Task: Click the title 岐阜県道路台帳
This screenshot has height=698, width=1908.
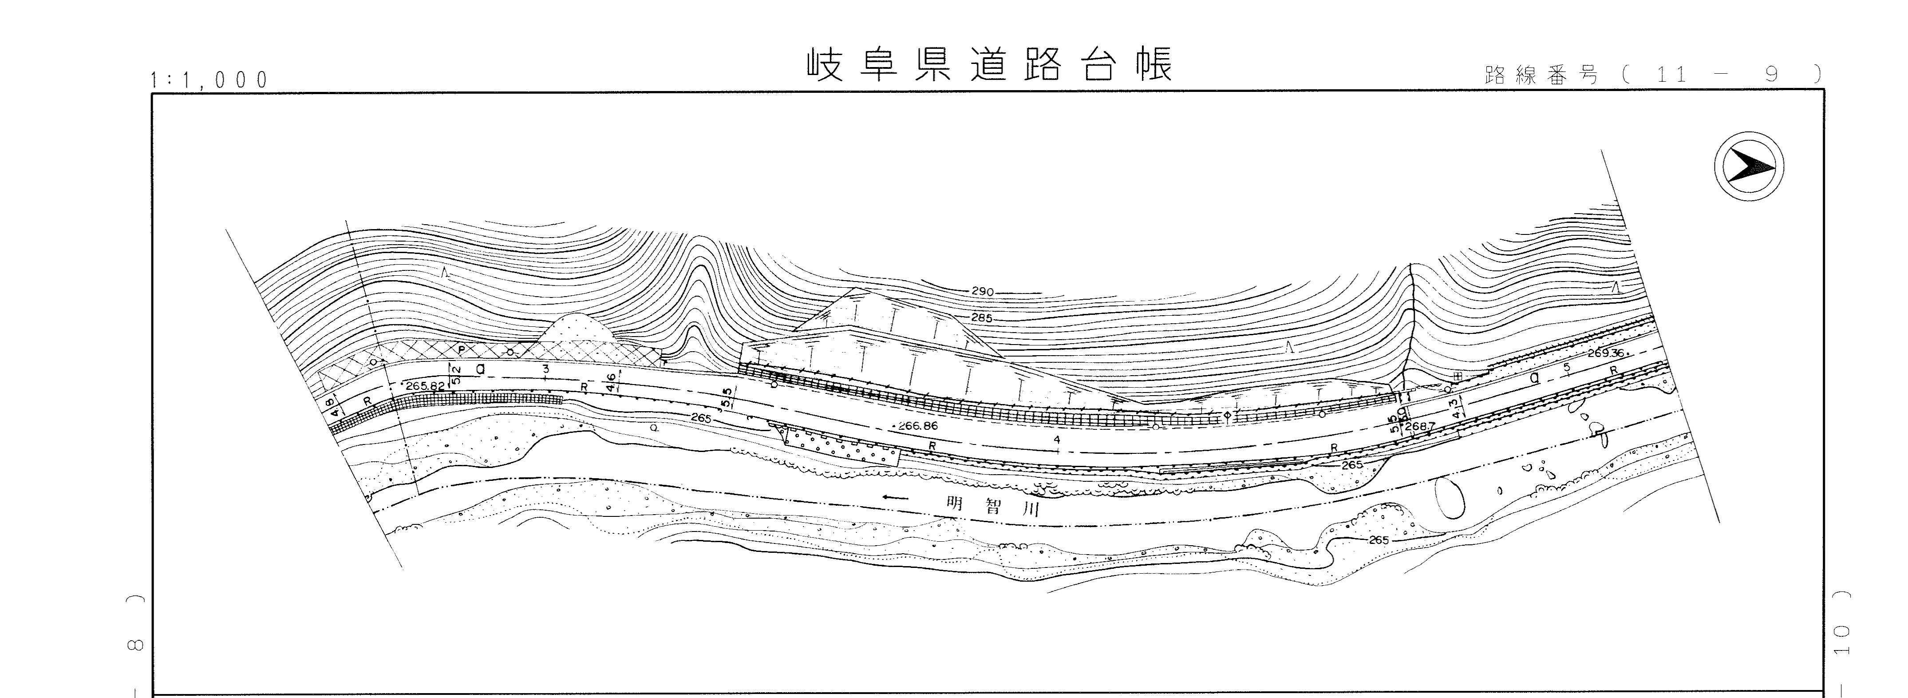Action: [990, 66]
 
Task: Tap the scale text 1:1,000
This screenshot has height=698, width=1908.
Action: [209, 80]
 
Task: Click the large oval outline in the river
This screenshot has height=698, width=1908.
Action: [1450, 497]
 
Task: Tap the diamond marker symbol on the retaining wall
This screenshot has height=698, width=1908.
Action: [1227, 415]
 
